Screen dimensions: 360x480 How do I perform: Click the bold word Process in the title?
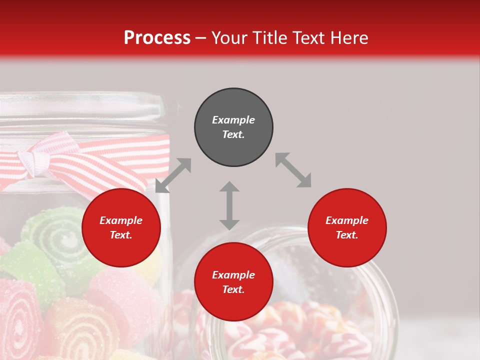tap(157, 38)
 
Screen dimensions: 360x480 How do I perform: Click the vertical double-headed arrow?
tap(229, 205)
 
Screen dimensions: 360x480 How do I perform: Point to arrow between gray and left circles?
tap(173, 175)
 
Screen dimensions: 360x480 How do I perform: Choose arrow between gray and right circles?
tap(293, 170)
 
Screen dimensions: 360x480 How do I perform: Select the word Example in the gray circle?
tap(233, 120)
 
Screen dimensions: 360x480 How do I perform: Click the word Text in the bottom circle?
tap(233, 289)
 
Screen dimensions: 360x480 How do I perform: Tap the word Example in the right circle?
tap(347, 220)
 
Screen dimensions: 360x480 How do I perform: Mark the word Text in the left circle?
tap(121, 235)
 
